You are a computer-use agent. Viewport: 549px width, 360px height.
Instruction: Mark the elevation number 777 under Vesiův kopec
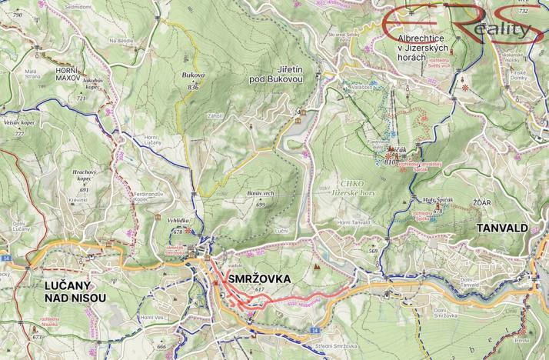19,135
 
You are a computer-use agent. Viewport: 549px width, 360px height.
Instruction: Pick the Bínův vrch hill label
261,195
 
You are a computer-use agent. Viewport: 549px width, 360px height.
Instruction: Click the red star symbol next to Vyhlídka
188,231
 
